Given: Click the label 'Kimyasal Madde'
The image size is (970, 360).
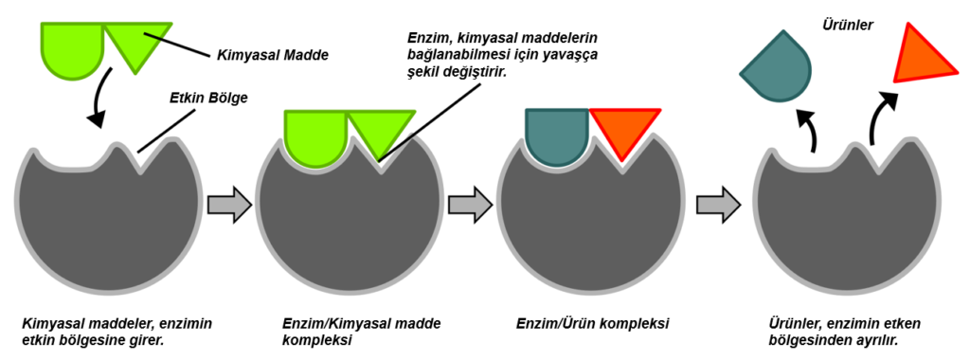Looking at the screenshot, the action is [x=272, y=55].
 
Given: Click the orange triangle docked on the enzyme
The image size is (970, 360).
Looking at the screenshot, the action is [x=622, y=128].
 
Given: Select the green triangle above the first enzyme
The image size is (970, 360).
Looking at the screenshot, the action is [x=136, y=40].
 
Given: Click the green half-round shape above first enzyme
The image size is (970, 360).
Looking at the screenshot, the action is [x=71, y=42].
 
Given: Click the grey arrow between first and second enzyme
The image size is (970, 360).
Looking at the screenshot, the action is [x=229, y=204].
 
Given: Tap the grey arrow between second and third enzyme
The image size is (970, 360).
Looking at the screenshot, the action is [x=471, y=204].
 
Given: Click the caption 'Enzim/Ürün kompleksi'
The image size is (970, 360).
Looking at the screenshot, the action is [x=593, y=324].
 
